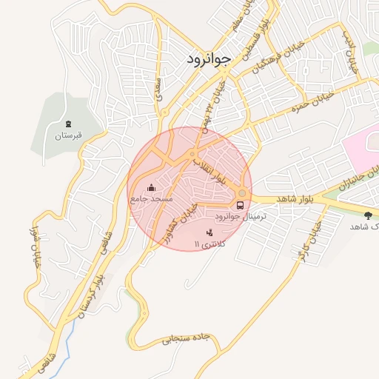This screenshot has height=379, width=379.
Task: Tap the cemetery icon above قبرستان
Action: (x=69, y=123)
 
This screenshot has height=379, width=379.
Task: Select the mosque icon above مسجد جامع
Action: (x=152, y=187)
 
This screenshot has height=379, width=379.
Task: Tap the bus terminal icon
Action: (x=240, y=205)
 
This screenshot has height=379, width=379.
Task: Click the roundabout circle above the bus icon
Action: (x=242, y=193)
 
